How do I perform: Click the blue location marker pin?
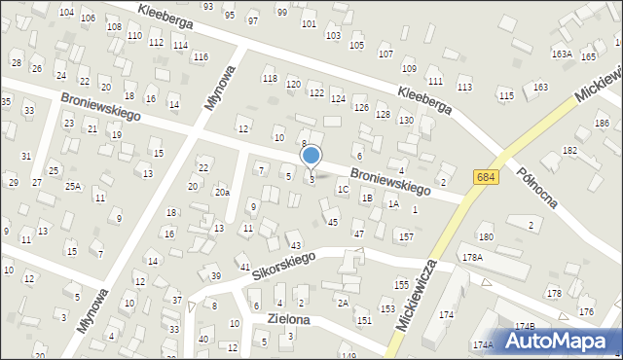311,156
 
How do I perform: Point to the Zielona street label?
280,319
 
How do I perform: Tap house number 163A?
562,54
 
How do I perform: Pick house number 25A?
73,185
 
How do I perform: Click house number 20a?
222,193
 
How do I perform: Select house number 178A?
472,257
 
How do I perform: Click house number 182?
569,151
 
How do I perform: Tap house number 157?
406,236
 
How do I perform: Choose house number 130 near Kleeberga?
405,120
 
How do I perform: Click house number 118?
270,78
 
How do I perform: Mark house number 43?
296,245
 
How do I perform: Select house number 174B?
525,325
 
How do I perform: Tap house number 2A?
343,303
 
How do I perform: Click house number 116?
200,56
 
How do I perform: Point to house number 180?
486,236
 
